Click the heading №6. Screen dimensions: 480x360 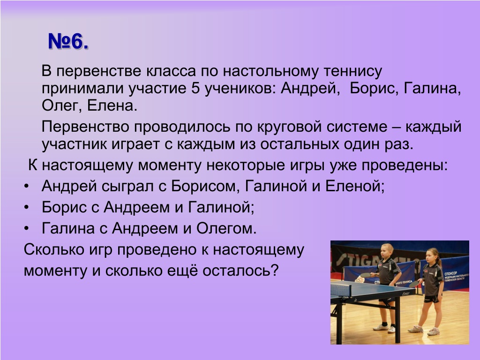coord(68,41)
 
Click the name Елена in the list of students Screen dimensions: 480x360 coord(112,105)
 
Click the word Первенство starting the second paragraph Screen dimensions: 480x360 coord(85,127)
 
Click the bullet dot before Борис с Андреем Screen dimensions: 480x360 coord(27,208)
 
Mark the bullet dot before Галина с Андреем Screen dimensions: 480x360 coord(27,229)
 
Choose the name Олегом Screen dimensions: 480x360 coord(226,228)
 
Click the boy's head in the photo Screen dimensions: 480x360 coord(387,251)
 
